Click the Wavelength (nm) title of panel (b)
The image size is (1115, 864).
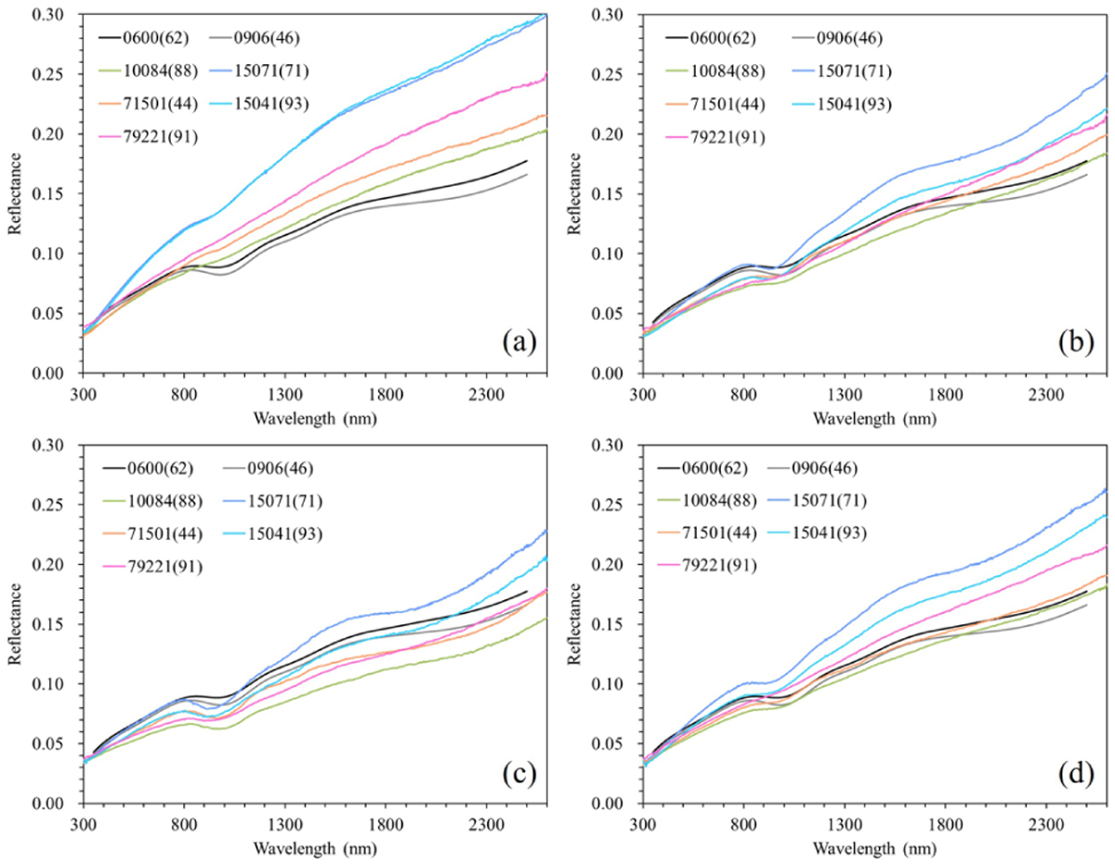[x=870, y=418]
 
